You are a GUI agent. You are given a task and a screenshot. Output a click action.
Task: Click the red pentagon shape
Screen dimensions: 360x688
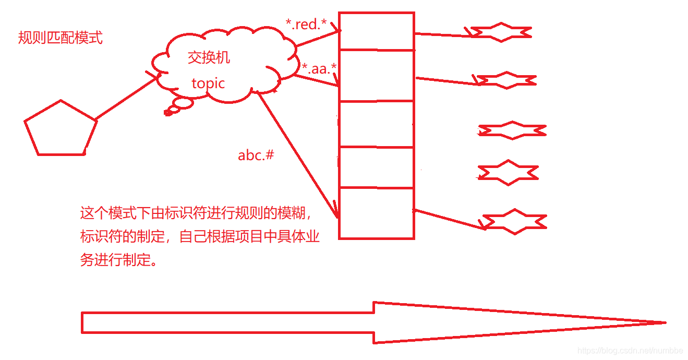[x=61, y=129]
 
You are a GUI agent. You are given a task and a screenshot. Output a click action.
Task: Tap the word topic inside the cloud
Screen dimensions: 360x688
[x=208, y=83]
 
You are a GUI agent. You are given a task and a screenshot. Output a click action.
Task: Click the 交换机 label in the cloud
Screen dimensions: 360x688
[x=209, y=57]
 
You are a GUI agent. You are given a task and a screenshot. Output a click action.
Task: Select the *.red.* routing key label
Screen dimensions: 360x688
[x=306, y=24]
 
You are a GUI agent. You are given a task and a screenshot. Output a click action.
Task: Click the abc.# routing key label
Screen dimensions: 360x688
[x=256, y=155]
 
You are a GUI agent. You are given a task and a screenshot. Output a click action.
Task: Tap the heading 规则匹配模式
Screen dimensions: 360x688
[x=61, y=38]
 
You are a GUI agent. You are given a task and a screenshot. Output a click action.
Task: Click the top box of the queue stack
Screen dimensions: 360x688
[x=376, y=31]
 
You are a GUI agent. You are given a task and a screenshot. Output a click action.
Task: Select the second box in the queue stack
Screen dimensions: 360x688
[x=376, y=75]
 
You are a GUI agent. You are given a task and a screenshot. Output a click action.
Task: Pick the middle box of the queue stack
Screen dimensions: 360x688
[x=376, y=124]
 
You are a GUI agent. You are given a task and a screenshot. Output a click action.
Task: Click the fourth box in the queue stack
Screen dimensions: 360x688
[x=376, y=167]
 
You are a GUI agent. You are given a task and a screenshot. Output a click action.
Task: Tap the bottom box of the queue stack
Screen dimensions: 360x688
[x=376, y=213]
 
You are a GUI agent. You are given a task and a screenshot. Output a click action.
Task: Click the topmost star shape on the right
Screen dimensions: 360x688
[x=501, y=32]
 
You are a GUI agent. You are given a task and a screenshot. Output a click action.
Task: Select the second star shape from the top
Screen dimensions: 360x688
[x=506, y=80]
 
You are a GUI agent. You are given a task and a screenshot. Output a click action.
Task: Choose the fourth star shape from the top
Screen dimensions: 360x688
[x=508, y=173]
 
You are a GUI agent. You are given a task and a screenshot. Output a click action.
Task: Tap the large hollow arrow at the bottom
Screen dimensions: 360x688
[x=365, y=322]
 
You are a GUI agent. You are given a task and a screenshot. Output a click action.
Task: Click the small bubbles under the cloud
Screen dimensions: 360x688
[x=177, y=106]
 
